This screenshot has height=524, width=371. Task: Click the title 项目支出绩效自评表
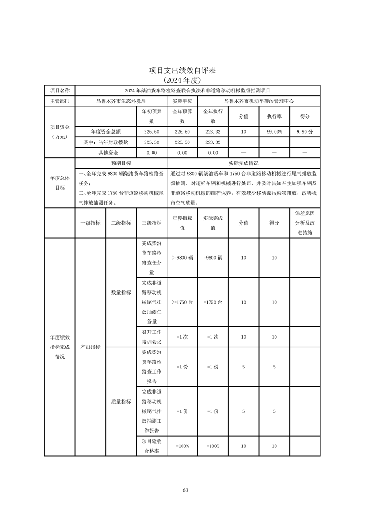point(185,71)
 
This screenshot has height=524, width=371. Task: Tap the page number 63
point(185,490)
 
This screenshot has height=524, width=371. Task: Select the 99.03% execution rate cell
point(274,132)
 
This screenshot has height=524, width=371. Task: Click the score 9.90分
point(305,132)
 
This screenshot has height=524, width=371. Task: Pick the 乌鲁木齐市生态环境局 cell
point(121,100)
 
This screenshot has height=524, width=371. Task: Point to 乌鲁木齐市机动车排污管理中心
point(259,100)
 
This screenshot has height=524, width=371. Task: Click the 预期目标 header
point(121,163)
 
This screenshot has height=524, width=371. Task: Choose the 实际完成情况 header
point(243,163)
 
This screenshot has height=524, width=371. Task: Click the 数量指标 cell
point(121,293)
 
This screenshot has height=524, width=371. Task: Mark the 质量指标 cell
point(121,401)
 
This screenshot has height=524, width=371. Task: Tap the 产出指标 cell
point(90,347)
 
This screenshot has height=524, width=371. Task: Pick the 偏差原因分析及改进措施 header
point(305,223)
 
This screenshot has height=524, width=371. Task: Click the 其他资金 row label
point(106,153)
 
